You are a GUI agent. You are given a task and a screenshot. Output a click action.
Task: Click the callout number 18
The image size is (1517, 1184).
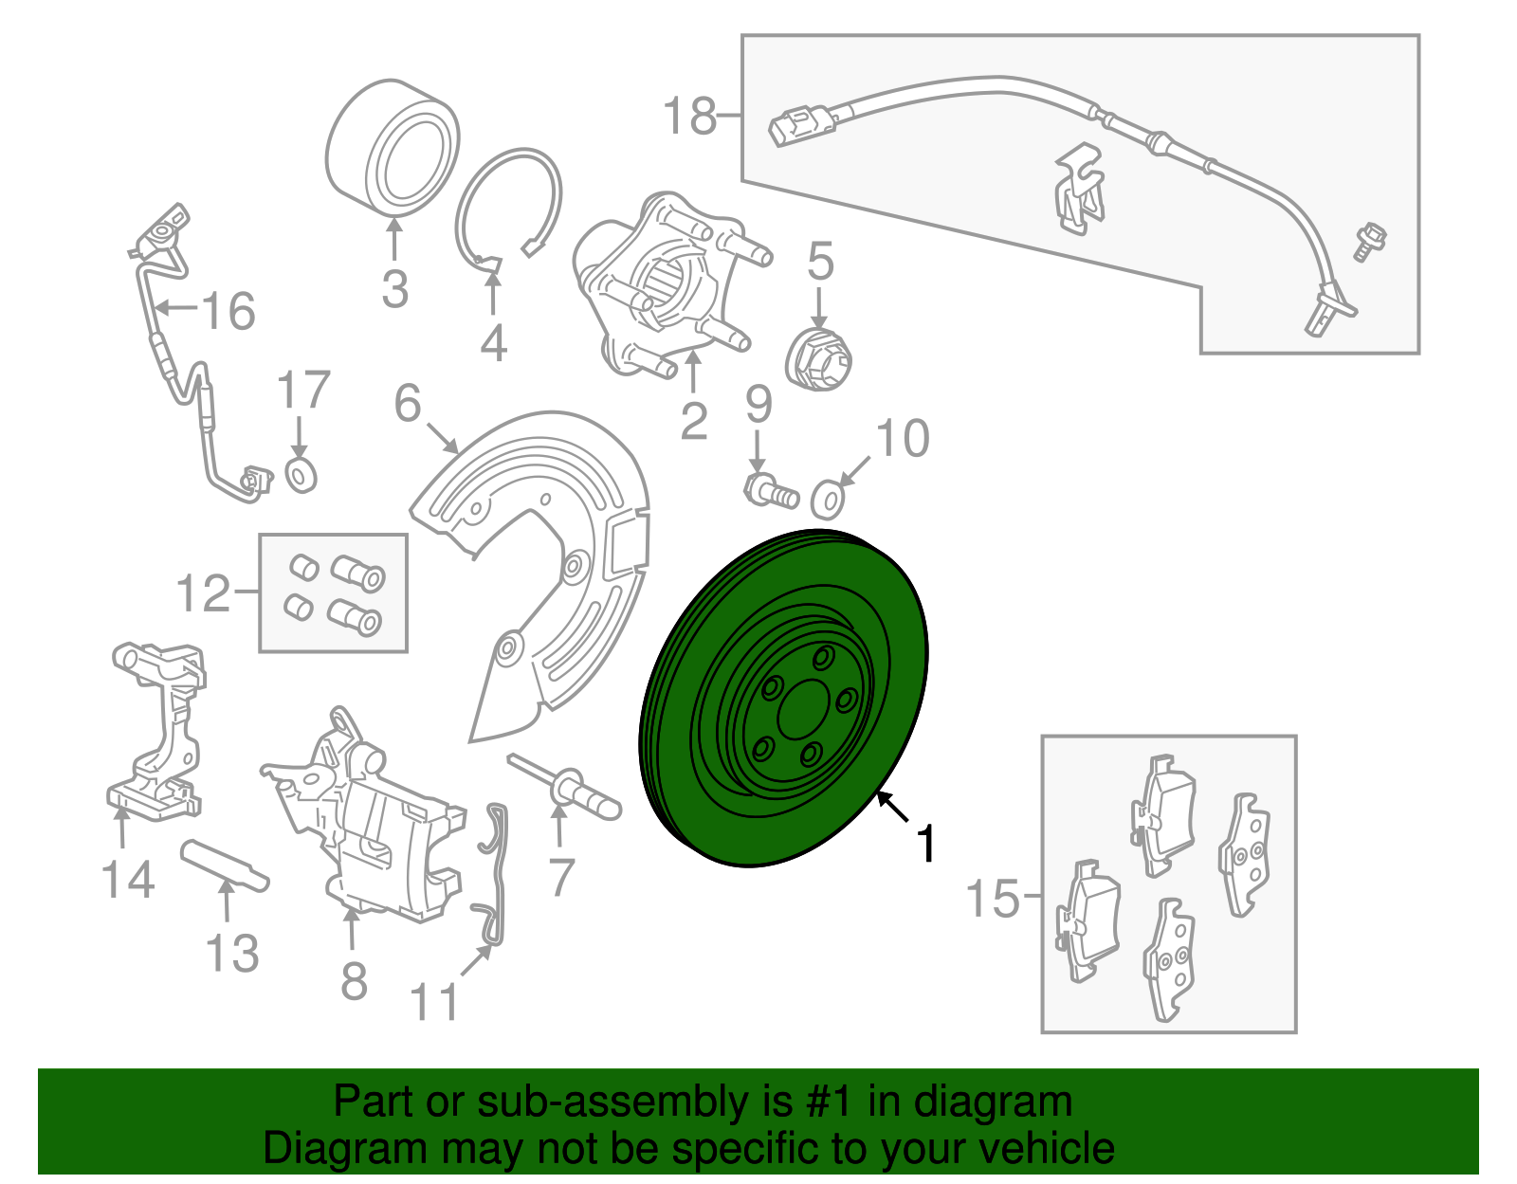point(689,117)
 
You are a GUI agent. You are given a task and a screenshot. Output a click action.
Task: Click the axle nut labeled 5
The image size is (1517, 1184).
point(820,360)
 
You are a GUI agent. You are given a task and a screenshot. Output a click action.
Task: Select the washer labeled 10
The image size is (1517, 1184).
point(829,499)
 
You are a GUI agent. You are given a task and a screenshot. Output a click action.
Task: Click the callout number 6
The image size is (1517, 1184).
point(408,403)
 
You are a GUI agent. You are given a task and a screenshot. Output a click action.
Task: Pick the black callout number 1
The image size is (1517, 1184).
point(926,844)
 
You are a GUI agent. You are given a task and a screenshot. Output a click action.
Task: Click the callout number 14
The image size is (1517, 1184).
point(128,880)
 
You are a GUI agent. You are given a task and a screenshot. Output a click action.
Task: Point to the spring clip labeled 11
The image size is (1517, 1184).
point(495,872)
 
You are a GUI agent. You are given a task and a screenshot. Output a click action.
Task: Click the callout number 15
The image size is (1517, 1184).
point(992,898)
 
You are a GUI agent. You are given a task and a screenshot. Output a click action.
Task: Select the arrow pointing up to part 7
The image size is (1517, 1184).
point(559,825)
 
